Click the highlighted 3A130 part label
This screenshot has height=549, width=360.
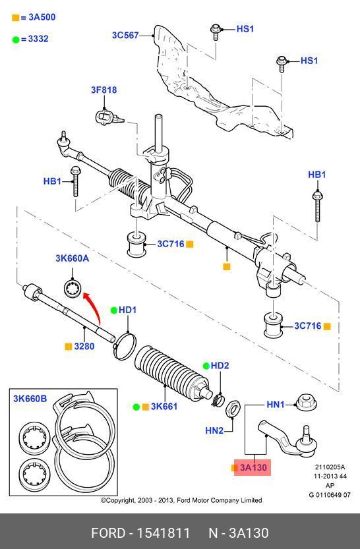coord(253,467)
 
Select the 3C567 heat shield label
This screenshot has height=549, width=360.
coord(125,36)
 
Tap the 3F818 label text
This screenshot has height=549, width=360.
coord(104,90)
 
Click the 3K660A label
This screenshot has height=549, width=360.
coord(72,258)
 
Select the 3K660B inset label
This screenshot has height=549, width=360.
coord(30,399)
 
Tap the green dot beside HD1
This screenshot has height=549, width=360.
coord(114,310)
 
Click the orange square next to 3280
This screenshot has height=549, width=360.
coord(69,347)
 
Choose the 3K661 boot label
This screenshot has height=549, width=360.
coord(164,407)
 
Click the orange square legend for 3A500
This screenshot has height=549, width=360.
coord(15,18)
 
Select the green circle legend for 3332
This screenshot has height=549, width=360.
coord(16,40)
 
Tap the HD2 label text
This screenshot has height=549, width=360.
coord(220,366)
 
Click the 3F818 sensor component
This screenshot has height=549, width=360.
coord(107,117)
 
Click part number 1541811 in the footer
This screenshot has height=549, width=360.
coord(164,533)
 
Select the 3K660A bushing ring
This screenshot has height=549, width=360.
coord(73,288)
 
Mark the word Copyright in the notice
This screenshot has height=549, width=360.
coord(121,500)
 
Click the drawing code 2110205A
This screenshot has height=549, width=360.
coord(330,467)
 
